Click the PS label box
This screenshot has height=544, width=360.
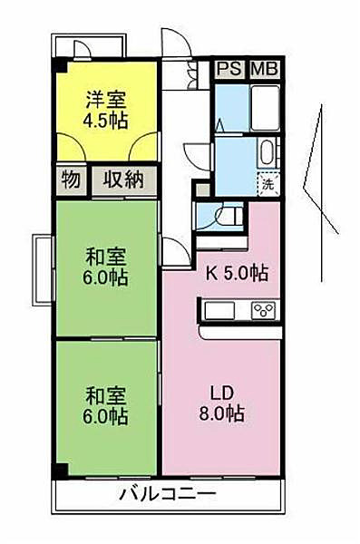[229, 69]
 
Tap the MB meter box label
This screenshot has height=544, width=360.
[265, 69]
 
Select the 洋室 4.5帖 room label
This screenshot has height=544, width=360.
[105, 110]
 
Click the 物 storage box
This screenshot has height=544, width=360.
[71, 180]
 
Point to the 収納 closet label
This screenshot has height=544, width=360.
[124, 180]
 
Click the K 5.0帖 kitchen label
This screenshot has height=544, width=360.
[237, 274]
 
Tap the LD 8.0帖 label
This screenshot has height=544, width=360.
[221, 403]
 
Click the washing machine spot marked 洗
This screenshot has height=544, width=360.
[268, 184]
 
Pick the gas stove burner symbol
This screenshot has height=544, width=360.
[264, 310]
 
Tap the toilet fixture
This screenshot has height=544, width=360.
[229, 217]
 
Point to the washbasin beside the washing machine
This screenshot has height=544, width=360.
[268, 153]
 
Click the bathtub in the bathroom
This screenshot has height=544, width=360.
[265, 108]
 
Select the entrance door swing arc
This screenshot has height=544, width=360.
[177, 41]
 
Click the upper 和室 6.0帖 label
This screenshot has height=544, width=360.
[105, 267]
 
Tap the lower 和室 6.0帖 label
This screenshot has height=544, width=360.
[105, 405]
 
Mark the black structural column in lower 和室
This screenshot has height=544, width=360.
[60, 470]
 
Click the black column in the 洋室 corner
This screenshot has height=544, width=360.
[59, 65]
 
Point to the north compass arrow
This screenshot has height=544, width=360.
[321, 192]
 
